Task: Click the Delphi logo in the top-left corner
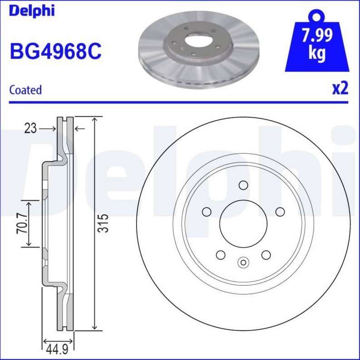[x=31, y=10]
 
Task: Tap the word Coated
[x=25, y=90]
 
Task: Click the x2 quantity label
[x=340, y=88]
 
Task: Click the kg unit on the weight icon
[x=317, y=54]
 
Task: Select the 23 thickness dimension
[x=30, y=129]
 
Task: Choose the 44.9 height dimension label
[x=56, y=349]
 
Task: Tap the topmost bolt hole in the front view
[x=243, y=185]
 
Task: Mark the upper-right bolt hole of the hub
[x=279, y=212]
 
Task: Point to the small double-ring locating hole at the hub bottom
[x=243, y=262]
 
